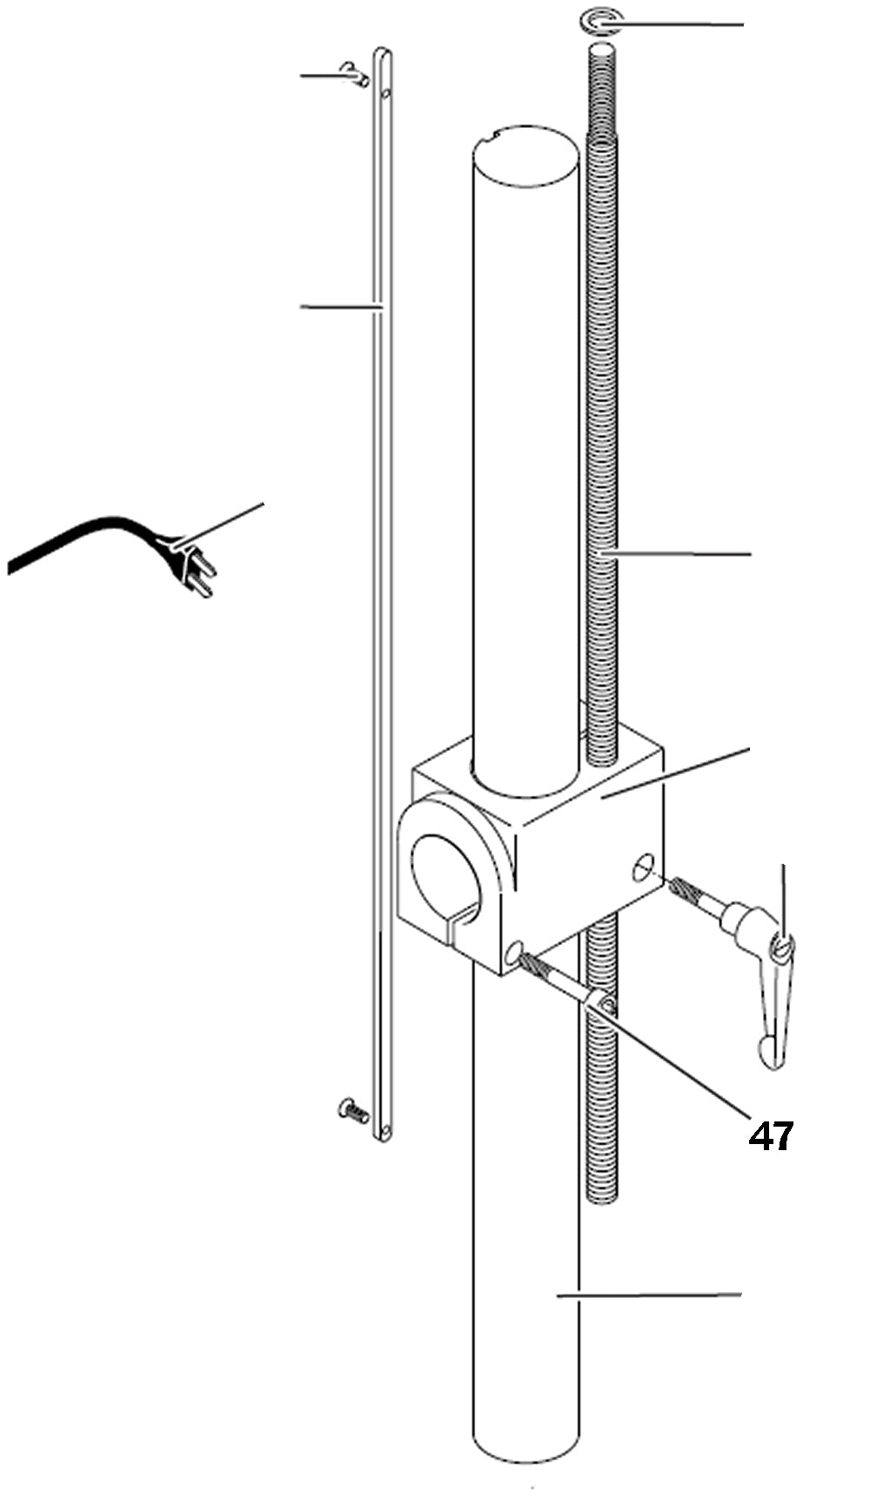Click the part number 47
(x=771, y=1136)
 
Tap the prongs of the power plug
(x=201, y=578)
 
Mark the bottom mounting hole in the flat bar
(x=385, y=1130)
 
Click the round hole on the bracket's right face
(x=644, y=867)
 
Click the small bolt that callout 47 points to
(x=565, y=983)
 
